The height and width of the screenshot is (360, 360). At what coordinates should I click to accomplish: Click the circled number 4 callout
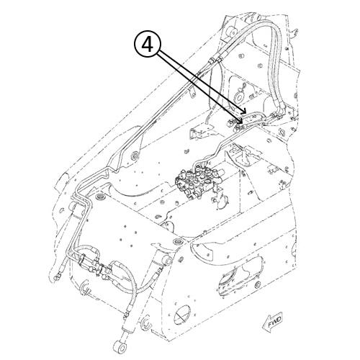point(148,45)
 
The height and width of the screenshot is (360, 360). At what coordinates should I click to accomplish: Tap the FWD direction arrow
point(274,322)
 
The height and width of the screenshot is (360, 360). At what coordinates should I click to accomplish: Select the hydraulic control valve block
point(199,181)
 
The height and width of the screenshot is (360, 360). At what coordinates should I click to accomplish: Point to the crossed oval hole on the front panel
point(182,315)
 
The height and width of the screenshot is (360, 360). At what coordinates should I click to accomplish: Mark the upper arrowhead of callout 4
point(244,110)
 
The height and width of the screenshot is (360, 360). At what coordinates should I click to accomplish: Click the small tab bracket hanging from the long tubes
point(192,93)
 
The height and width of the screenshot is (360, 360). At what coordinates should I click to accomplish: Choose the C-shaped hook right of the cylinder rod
point(146,323)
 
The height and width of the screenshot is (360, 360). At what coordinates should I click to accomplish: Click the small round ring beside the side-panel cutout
point(257,284)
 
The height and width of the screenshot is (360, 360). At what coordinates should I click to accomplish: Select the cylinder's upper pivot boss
point(166,261)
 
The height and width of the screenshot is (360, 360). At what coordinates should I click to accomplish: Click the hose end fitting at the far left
point(57,277)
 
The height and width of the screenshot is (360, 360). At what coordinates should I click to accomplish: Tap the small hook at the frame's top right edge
point(295,32)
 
